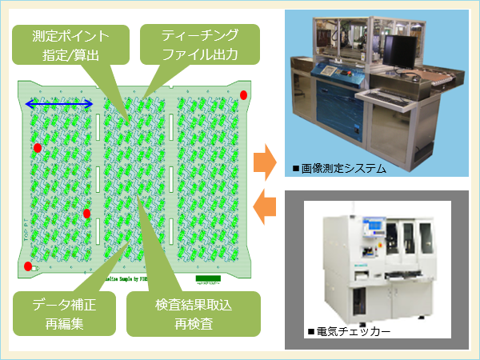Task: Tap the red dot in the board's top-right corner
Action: (x=244, y=95)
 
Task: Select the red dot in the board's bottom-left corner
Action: (x=28, y=266)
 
